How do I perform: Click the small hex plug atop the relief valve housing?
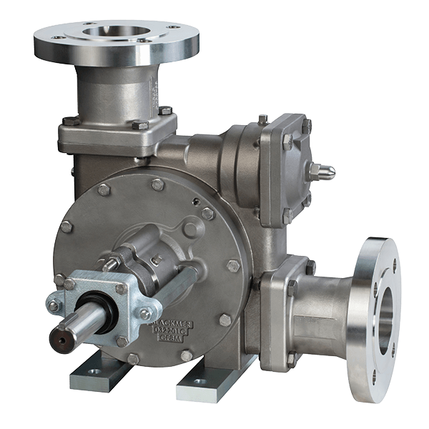tap(263, 119)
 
